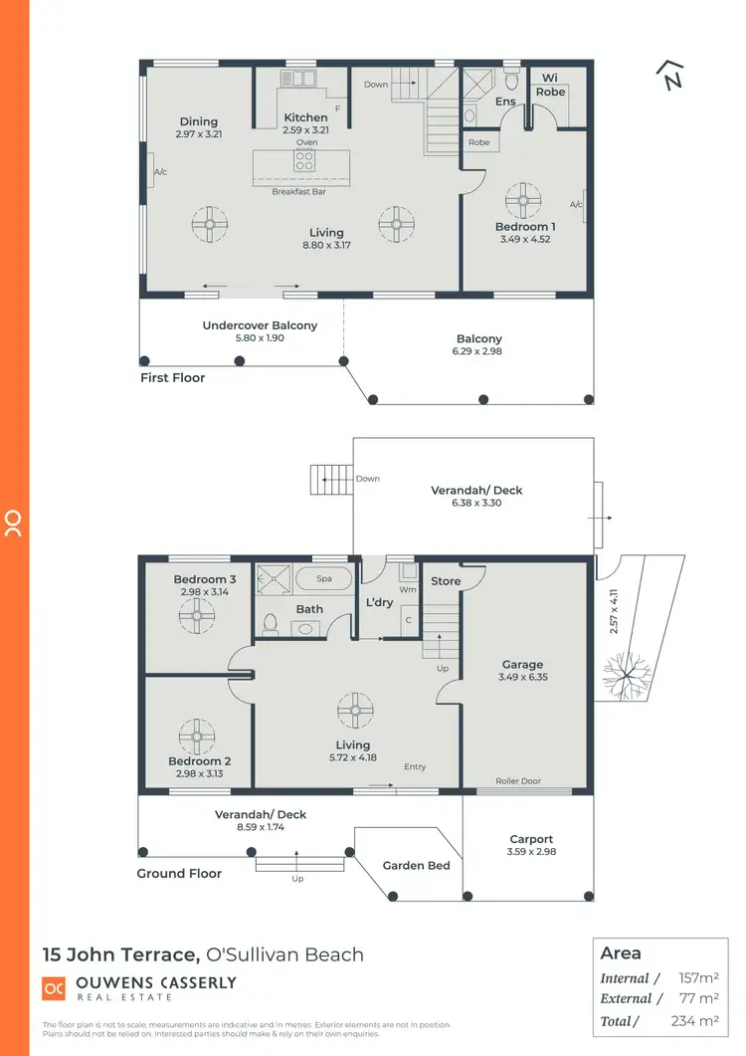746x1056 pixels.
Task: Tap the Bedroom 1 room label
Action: [525, 227]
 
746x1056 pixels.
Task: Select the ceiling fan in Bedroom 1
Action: [522, 200]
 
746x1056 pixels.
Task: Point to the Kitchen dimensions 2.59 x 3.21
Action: [305, 129]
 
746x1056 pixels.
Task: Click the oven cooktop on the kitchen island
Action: [305, 159]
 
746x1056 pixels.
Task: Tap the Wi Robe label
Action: [550, 85]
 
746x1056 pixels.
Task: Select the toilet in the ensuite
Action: [512, 80]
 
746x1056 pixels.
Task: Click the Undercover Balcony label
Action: [260, 325]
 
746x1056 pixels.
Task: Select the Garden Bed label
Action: [416, 866]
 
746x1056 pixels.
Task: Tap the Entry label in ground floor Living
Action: [415, 766]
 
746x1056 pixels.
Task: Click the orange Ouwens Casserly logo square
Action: [53, 988]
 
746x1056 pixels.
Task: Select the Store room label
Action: [446, 581]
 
